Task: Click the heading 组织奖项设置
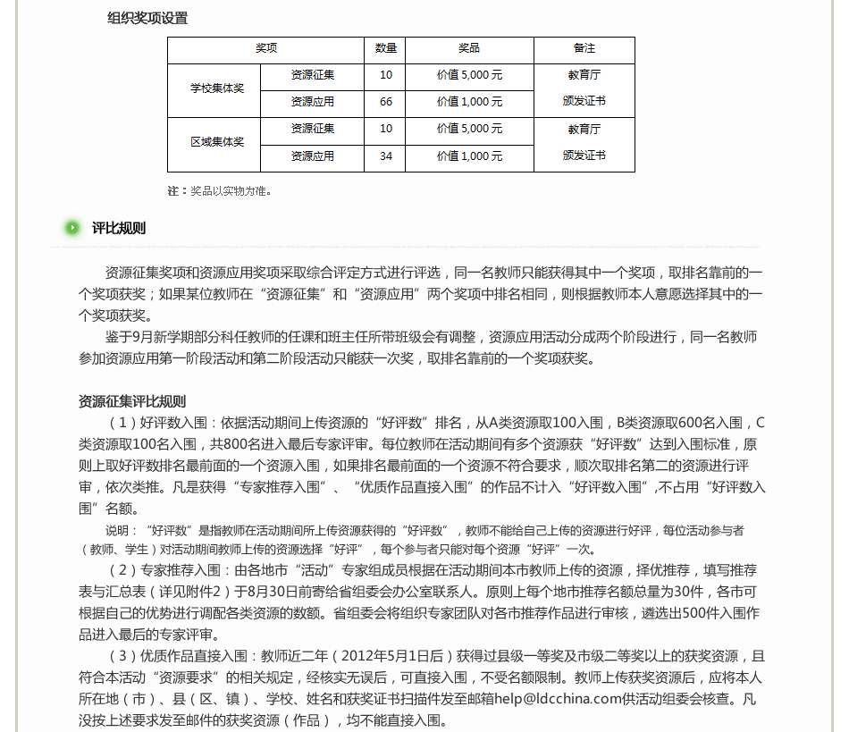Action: [x=147, y=18]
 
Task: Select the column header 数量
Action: [x=385, y=48]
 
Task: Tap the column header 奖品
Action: [x=469, y=48]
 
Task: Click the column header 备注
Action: [x=584, y=48]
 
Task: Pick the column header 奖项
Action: [x=265, y=48]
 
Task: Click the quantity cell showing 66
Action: [x=385, y=102]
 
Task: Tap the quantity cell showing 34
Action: [x=385, y=156]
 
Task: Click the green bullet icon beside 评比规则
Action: [x=72, y=228]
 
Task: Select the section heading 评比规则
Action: [x=119, y=228]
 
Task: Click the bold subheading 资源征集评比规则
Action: [x=132, y=401]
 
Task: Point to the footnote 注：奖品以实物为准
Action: [x=219, y=190]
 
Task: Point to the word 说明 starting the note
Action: [x=119, y=530]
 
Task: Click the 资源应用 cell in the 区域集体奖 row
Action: [x=312, y=156]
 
